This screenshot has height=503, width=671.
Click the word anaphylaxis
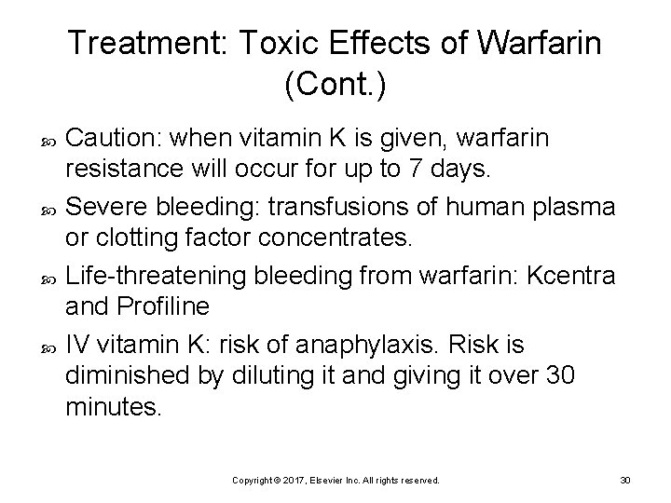(x=338, y=345)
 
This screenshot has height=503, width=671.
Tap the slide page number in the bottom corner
(x=625, y=480)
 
